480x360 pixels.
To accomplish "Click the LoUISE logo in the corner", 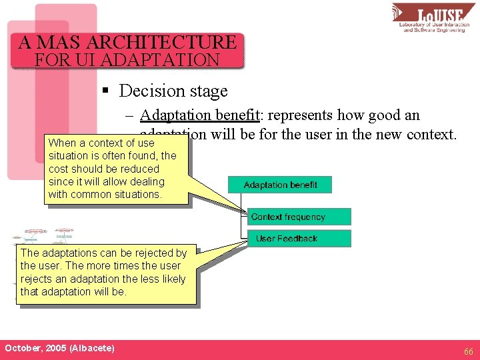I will coord(434,18).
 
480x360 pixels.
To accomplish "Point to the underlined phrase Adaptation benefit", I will coord(199,115).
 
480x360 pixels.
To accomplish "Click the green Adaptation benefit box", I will coord(279,185).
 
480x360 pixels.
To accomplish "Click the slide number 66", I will coord(469,351).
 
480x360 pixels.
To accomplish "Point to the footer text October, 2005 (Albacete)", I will coord(59,348).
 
